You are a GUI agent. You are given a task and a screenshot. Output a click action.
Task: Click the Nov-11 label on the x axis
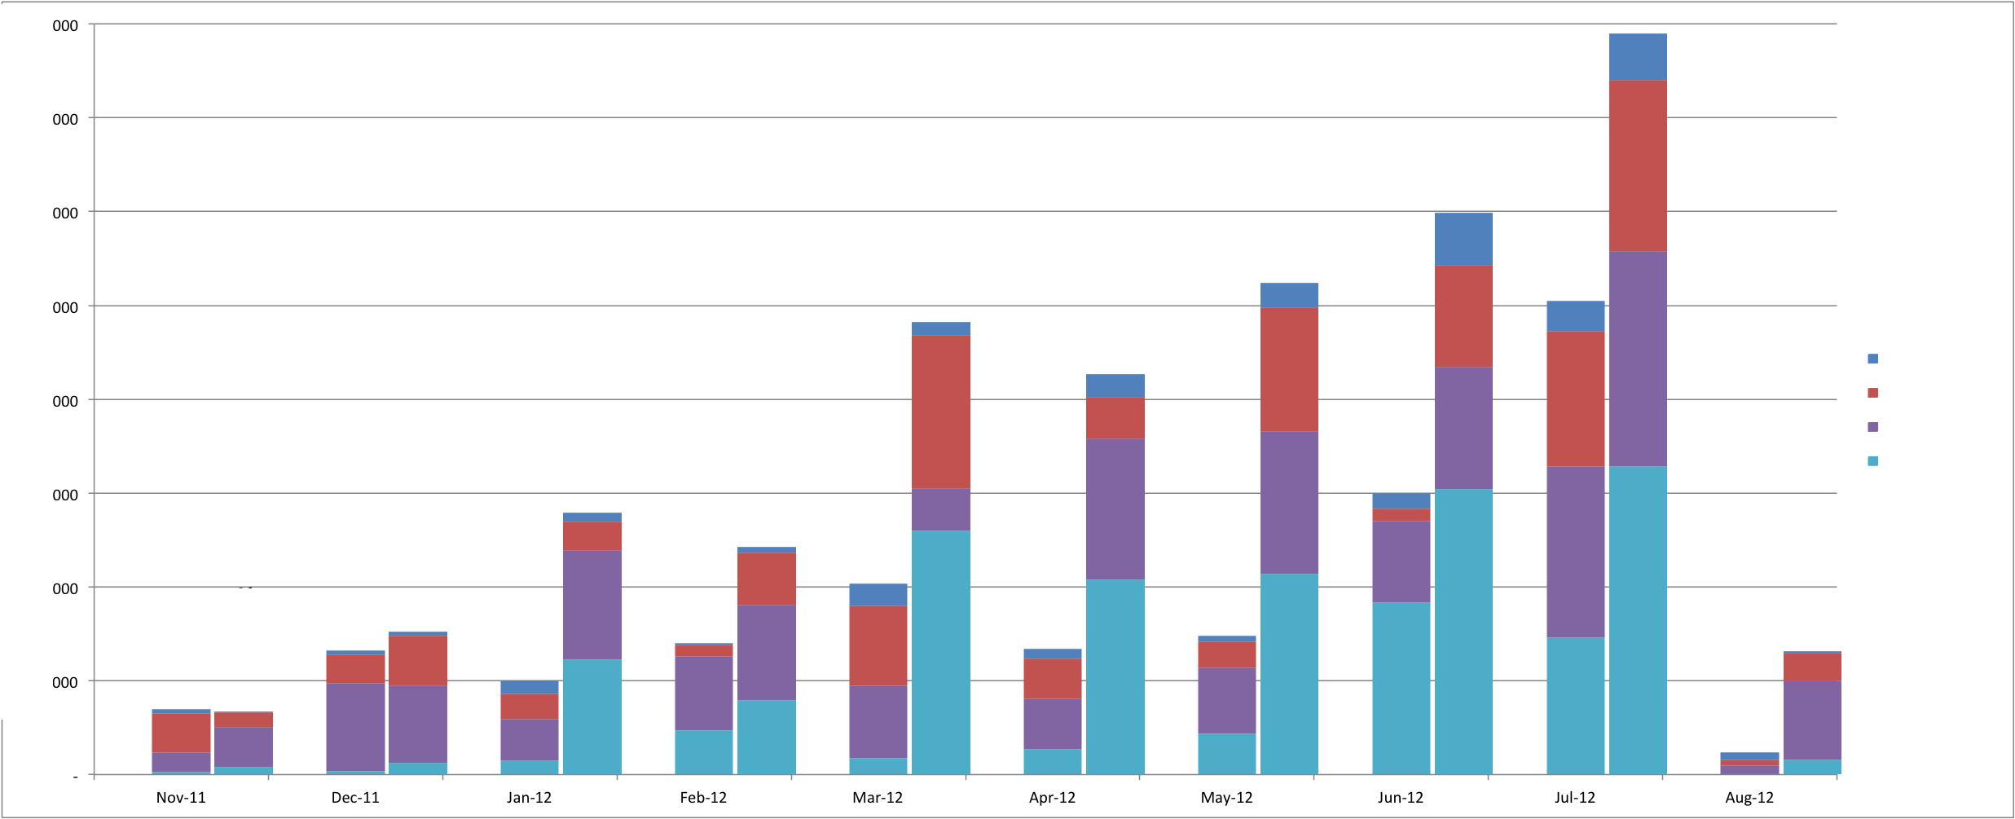[181, 798]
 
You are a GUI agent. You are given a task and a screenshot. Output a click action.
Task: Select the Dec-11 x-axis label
[355, 798]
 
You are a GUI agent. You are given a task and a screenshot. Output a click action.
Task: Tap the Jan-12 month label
[530, 798]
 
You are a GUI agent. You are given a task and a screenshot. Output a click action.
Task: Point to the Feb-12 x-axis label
[703, 798]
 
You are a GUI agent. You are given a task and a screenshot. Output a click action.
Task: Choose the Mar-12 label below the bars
[878, 798]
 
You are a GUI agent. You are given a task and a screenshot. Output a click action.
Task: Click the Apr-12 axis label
[1052, 798]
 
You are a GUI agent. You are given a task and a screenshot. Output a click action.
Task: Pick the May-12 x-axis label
[1226, 798]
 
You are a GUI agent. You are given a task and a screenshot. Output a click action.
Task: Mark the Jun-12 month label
[1401, 798]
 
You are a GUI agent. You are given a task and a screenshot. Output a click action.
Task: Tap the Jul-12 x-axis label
[1575, 798]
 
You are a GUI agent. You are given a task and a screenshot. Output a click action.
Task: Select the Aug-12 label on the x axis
[1749, 798]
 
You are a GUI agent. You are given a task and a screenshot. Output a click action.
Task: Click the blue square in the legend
[1872, 359]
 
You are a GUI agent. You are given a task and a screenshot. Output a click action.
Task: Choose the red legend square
[1872, 393]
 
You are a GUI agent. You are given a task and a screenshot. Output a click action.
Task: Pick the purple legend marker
[1872, 427]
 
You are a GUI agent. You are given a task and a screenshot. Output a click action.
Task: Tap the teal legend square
[1872, 461]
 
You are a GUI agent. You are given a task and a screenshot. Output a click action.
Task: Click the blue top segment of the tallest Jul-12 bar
[1638, 57]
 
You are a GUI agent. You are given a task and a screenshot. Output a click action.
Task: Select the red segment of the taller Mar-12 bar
[941, 412]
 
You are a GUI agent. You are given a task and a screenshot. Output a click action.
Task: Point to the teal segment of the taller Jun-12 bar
[1463, 632]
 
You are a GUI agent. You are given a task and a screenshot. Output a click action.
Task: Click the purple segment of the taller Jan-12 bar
[592, 605]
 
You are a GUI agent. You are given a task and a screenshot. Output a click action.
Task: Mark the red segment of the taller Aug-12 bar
[1812, 667]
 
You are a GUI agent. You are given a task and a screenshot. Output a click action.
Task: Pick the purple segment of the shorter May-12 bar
[1226, 701]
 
